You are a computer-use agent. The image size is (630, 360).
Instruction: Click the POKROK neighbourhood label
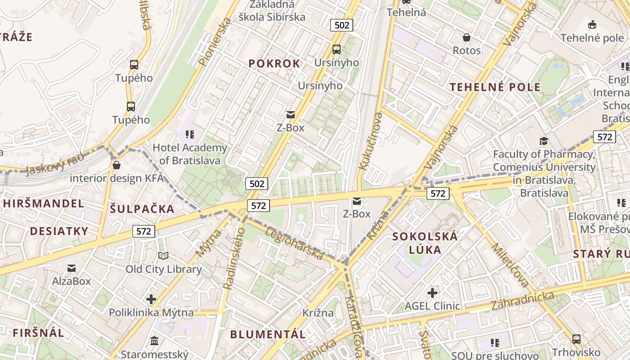(274, 64)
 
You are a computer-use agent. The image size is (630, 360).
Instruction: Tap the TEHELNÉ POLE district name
(495, 87)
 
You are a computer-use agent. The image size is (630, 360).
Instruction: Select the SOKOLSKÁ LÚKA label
(425, 243)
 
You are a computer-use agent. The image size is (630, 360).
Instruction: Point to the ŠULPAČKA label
(142, 209)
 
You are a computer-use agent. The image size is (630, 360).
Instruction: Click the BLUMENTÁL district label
(268, 334)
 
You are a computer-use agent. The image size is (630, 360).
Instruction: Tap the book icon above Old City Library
(163, 256)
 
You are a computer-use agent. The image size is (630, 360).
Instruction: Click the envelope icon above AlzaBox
(72, 269)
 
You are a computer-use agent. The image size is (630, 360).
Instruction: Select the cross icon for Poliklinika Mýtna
(151, 299)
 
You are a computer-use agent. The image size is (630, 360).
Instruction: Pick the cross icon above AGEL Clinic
(432, 293)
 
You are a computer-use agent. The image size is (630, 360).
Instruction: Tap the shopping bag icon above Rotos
(467, 37)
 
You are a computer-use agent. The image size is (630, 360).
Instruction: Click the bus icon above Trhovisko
(576, 339)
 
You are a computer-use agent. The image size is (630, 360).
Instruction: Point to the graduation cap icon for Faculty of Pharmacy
(544, 141)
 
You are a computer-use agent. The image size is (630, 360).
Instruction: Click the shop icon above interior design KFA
(117, 165)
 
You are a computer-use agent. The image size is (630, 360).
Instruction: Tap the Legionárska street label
(294, 243)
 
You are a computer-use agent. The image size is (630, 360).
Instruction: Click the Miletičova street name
(510, 265)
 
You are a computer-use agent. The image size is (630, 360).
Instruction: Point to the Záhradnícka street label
(522, 301)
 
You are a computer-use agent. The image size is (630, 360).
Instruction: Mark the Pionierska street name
(215, 42)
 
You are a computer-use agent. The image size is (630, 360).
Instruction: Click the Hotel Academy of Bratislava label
(190, 154)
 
